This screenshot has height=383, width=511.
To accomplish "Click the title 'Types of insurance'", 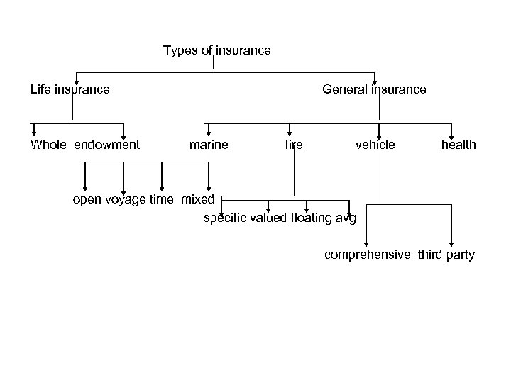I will pyautogui.click(x=216, y=50).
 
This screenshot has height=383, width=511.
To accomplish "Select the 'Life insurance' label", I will pyautogui.click(x=70, y=89).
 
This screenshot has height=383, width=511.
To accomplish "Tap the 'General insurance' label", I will pyautogui.click(x=374, y=89).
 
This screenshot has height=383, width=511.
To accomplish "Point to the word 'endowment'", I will pyautogui.click(x=106, y=145).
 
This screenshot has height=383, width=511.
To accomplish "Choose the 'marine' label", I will pyautogui.click(x=209, y=145).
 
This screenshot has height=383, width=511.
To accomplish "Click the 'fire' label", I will pyautogui.click(x=293, y=145).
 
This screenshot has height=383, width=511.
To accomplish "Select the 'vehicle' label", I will pyautogui.click(x=375, y=145).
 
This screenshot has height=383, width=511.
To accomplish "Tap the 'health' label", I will pyautogui.click(x=458, y=145).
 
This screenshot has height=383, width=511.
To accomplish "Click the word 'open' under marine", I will pyautogui.click(x=87, y=199).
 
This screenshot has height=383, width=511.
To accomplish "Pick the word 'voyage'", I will pyautogui.click(x=125, y=199).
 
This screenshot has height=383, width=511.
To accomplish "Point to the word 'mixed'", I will pyautogui.click(x=197, y=199).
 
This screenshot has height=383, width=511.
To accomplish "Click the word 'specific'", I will pyautogui.click(x=224, y=218).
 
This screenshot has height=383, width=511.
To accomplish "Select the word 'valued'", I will pyautogui.click(x=269, y=218).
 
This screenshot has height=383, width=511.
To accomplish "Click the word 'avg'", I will pyautogui.click(x=346, y=218).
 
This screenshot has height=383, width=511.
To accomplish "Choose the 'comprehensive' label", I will pyautogui.click(x=367, y=255).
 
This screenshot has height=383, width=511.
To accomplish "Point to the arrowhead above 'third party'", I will pyautogui.click(x=451, y=242).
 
